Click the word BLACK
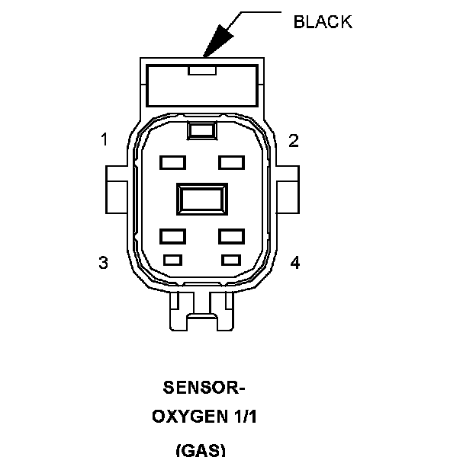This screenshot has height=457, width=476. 323,22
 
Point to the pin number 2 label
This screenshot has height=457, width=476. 294,140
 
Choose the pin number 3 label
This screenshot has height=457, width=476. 103,263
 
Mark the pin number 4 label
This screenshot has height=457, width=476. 294,263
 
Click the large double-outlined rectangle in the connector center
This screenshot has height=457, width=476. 201,200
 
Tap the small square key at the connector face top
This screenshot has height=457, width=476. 201,131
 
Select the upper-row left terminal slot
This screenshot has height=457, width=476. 172,162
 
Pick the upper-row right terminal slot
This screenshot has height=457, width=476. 231,162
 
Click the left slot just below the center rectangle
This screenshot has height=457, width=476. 172,236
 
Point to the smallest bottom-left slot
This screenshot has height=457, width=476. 172,260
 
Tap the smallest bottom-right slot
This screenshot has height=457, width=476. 230,260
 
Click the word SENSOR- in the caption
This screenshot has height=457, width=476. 204,387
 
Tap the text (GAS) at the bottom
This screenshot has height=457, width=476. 201,449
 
